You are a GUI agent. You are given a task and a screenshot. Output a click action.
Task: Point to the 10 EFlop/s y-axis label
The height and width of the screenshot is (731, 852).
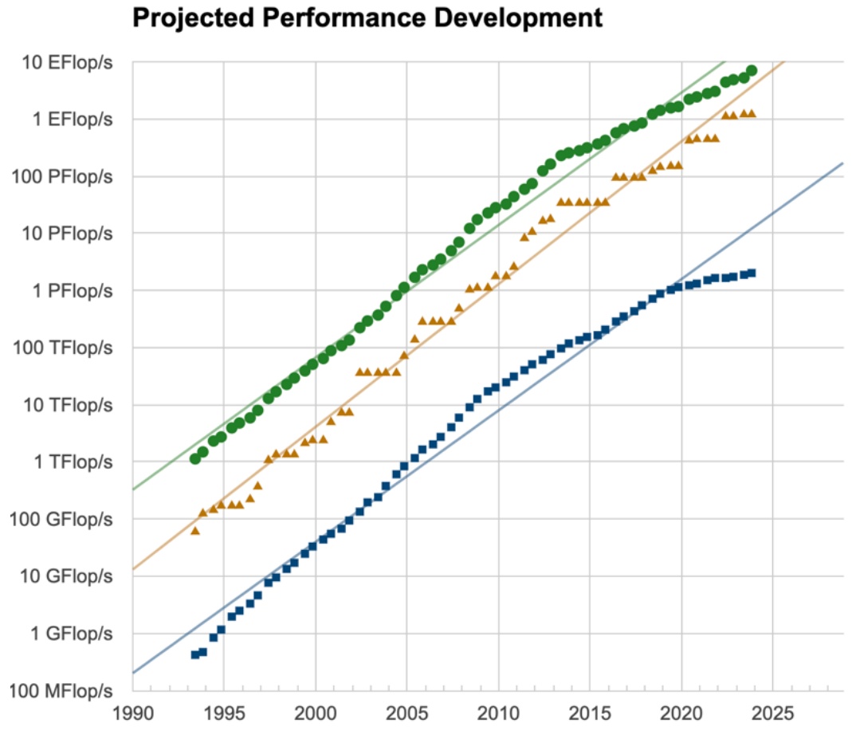tap(69, 62)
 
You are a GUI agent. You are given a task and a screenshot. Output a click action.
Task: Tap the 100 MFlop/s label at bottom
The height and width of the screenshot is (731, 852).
tap(66, 690)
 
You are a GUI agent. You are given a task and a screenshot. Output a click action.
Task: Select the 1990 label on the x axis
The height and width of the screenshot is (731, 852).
tap(132, 712)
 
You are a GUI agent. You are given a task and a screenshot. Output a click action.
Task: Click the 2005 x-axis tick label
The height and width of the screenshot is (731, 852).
tap(406, 712)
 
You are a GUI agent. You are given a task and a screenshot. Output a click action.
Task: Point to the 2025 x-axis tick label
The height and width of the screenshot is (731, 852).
tap(773, 712)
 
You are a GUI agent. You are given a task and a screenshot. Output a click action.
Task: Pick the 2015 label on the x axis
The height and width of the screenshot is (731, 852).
tap(590, 712)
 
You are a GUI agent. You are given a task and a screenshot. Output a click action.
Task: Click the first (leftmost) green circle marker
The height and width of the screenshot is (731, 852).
tap(194, 458)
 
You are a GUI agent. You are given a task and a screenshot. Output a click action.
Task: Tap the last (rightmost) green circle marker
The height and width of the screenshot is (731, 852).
tap(751, 70)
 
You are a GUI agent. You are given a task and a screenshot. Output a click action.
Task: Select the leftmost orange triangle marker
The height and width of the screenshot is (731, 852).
tap(194, 530)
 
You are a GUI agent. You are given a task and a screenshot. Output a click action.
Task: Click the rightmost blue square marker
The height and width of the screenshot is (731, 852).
tap(752, 273)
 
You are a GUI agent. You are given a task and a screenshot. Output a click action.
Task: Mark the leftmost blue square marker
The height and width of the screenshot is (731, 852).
tap(194, 654)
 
